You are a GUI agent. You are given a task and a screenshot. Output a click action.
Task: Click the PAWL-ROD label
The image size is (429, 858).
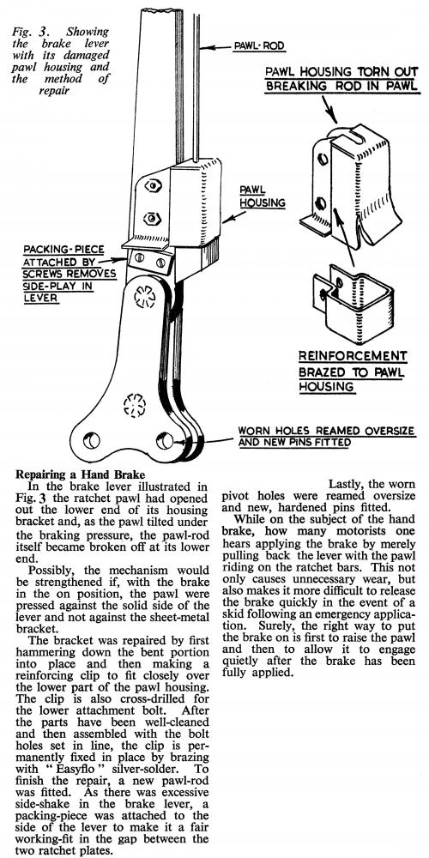click(259, 46)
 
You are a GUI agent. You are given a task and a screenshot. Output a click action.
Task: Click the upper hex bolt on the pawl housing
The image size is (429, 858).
click(152, 186)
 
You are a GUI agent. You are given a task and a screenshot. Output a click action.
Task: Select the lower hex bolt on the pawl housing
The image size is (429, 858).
click(150, 220)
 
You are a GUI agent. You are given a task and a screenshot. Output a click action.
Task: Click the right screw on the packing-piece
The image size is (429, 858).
click(160, 263)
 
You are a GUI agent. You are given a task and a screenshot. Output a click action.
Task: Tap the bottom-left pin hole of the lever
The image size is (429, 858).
click(92, 439)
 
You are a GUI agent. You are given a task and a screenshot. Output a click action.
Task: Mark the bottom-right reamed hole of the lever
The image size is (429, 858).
click(164, 440)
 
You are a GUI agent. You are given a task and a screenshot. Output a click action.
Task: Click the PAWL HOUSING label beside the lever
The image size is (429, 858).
click(262, 197)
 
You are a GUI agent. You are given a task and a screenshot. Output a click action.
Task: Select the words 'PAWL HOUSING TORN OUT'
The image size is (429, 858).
click(342, 72)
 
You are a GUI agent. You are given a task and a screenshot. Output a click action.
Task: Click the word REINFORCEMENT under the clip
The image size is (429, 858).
click(353, 356)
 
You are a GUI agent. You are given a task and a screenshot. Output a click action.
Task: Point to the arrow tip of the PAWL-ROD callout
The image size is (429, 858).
click(202, 48)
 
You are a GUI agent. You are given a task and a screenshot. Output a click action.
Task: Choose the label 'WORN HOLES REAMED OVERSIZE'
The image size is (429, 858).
click(326, 432)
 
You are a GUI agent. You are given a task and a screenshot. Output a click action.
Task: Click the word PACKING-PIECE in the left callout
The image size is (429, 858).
click(63, 251)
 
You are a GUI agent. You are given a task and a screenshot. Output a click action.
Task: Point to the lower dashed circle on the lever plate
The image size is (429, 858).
click(135, 404)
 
